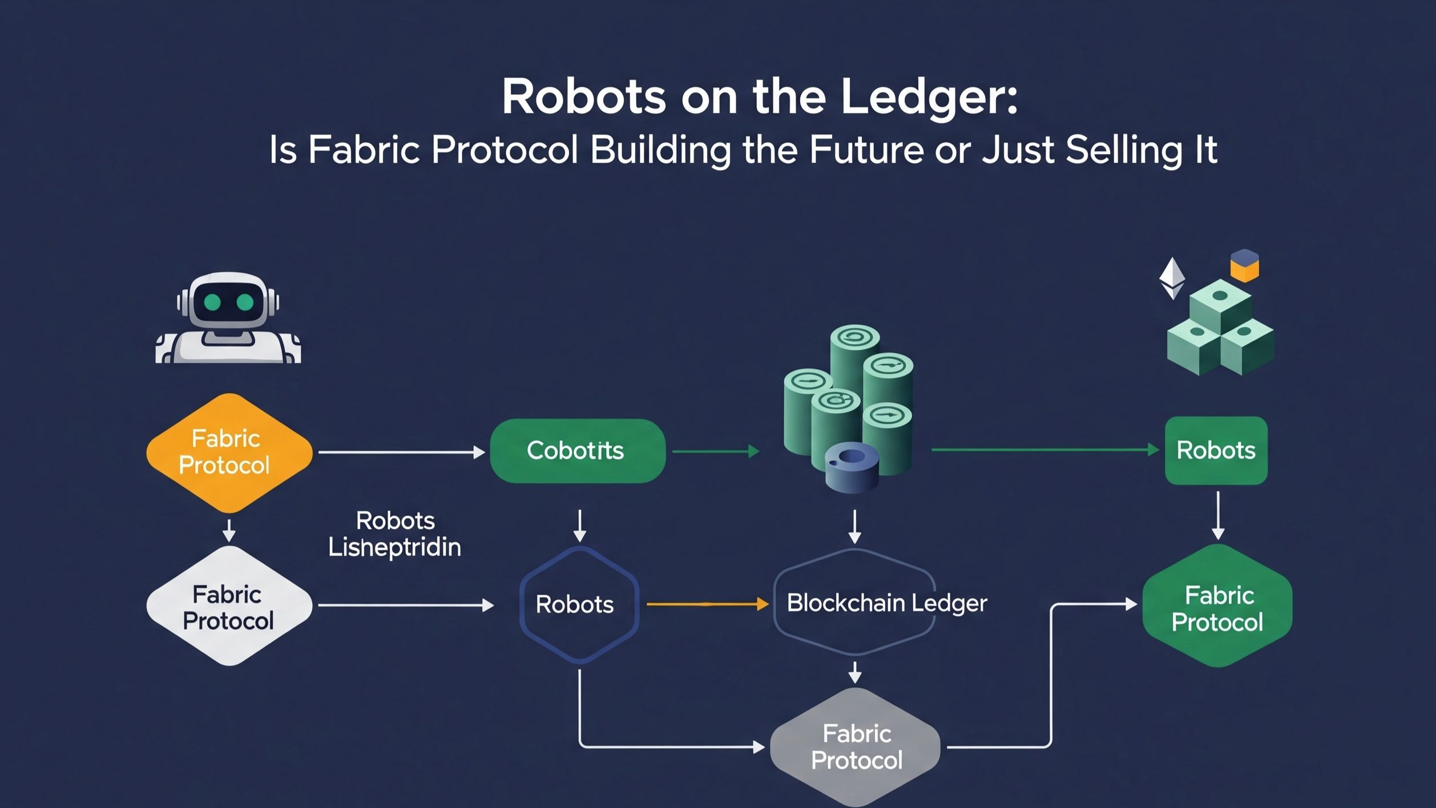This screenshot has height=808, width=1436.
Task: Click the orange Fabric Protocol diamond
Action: (x=229, y=453)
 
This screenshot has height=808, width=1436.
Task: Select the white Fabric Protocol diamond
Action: (x=229, y=606)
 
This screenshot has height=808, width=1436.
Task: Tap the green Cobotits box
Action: (x=577, y=451)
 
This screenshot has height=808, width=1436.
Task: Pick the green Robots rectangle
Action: (x=1216, y=451)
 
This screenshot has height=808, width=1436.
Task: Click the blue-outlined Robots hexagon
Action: (x=578, y=605)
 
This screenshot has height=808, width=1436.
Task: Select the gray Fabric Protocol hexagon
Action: (x=854, y=747)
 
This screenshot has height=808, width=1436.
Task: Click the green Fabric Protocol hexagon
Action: (x=1217, y=607)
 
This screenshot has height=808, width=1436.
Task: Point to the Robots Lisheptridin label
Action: (x=395, y=534)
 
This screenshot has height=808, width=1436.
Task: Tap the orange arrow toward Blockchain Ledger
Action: (x=707, y=604)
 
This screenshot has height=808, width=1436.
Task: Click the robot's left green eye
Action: (x=212, y=302)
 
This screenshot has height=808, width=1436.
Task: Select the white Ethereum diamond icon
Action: (x=1172, y=278)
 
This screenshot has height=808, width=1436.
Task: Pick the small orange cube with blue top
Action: (x=1244, y=266)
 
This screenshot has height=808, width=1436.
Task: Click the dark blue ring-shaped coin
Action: (x=852, y=466)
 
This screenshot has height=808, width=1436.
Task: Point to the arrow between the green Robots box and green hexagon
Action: (x=1218, y=515)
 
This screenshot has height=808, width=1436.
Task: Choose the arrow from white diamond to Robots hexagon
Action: (x=405, y=605)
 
